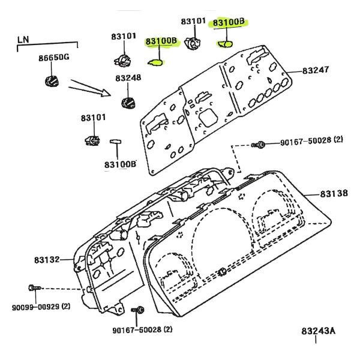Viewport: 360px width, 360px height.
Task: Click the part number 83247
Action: coord(315,70)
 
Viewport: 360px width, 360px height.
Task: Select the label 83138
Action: coord(334,194)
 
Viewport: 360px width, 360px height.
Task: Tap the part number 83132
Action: coord(47,260)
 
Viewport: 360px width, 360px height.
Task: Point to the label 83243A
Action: coord(318,331)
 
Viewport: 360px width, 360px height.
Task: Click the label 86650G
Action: coord(54,57)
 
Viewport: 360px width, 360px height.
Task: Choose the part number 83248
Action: coord(128,78)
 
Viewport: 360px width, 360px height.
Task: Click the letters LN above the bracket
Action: coord(23,40)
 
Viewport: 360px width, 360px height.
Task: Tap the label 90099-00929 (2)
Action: coord(41,307)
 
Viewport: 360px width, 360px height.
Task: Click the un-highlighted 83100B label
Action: coord(121,164)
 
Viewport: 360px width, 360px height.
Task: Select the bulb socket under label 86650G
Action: coord(52,81)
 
